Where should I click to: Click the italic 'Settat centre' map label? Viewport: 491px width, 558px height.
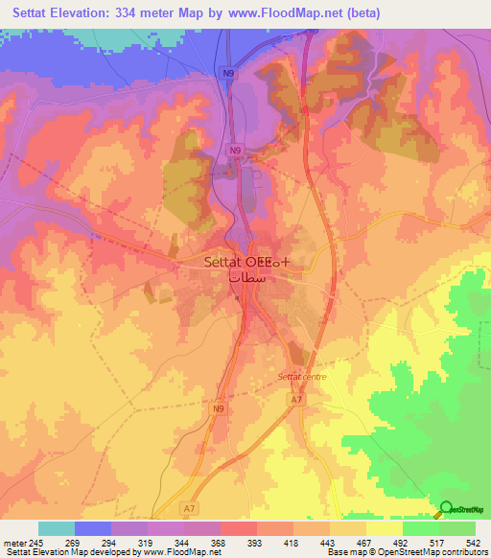[x=302, y=377]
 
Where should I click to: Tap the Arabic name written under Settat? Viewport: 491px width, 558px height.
[x=246, y=275]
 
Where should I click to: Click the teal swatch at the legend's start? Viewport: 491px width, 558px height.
[x=57, y=529]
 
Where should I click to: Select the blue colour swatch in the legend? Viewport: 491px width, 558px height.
[x=93, y=529]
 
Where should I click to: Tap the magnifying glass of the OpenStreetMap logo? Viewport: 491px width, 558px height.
[x=446, y=509]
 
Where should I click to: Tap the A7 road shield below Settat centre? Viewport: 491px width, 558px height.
[x=296, y=400]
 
